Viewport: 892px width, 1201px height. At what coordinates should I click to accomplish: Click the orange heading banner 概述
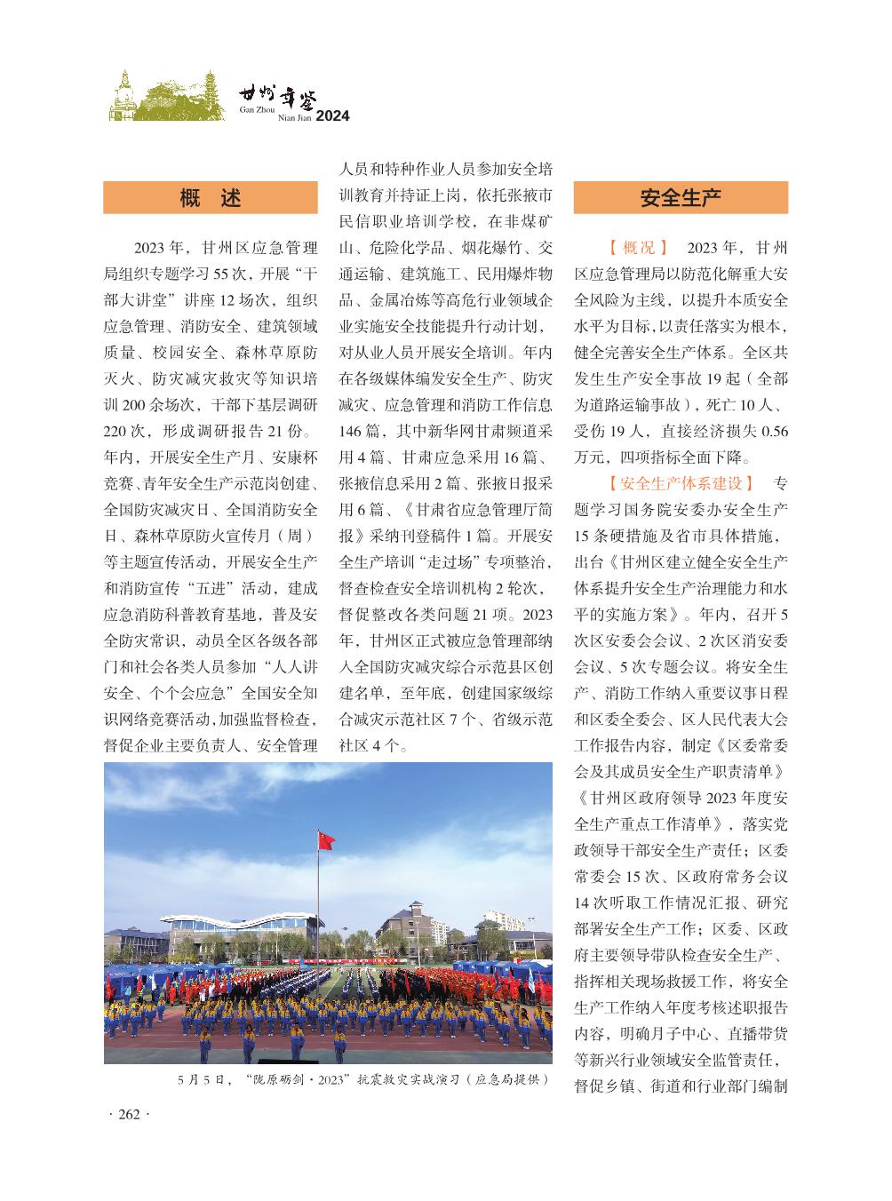211,197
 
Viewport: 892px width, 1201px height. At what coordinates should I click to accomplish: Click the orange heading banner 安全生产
681,197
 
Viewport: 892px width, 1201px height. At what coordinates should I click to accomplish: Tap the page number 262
130,1116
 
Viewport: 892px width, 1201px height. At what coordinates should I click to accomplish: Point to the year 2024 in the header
333,116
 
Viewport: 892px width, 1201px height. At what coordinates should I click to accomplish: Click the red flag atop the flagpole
326,839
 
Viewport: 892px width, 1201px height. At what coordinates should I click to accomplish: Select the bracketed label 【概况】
638,247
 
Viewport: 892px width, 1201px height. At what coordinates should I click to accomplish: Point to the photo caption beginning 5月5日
362,1080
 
